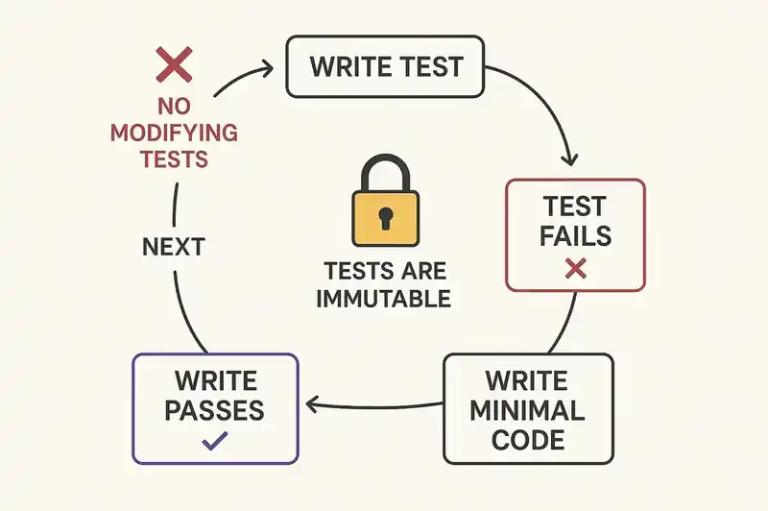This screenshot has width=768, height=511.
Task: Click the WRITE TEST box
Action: pos(385,67)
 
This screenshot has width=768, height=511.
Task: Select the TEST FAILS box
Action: pos(575,233)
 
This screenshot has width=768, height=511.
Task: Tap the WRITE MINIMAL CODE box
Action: pos(527,409)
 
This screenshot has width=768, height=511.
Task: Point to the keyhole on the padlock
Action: pos(386,216)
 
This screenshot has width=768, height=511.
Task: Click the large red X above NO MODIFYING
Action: pos(174,67)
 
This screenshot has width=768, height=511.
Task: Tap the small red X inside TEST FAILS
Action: pos(575,268)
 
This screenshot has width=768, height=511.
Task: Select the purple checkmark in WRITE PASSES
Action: pos(214,442)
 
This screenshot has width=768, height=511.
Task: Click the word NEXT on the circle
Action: pos(173,247)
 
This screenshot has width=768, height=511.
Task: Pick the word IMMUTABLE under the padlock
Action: pos(385,298)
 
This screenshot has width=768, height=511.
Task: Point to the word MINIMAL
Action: pos(527,410)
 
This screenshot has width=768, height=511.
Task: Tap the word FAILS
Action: pos(575,236)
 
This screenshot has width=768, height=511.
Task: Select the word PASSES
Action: pos(214,410)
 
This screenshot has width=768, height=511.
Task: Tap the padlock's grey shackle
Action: pos(386,173)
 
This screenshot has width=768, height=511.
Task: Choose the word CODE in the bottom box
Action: pos(527,440)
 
